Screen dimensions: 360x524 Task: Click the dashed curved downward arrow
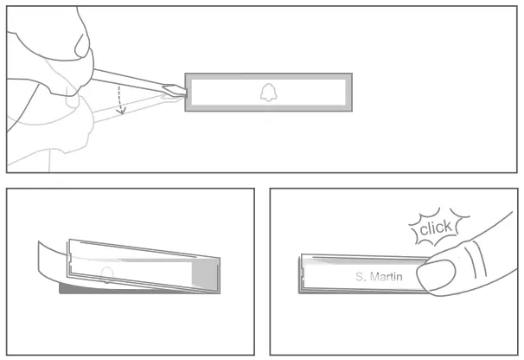coord(122,101)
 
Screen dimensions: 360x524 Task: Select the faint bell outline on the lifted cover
coord(105,274)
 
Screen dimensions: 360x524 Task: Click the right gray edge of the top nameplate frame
coord(348,92)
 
